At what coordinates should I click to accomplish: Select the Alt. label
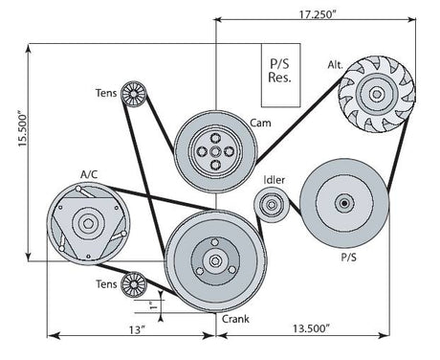click(335, 65)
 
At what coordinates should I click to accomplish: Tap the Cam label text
click(259, 123)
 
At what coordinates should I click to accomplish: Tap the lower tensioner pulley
click(133, 284)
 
